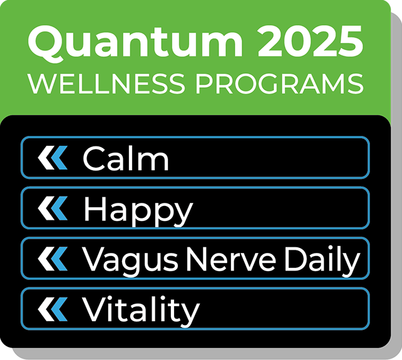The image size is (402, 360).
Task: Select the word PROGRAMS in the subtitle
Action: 278,84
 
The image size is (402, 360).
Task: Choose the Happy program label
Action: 138,209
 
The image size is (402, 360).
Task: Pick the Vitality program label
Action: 141,309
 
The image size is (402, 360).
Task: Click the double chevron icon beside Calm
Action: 52,158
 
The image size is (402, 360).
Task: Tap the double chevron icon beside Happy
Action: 52,208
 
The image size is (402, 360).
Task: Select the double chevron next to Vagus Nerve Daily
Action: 52,259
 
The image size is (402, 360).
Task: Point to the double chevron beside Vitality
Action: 52,309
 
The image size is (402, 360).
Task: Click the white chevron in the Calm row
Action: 45,158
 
